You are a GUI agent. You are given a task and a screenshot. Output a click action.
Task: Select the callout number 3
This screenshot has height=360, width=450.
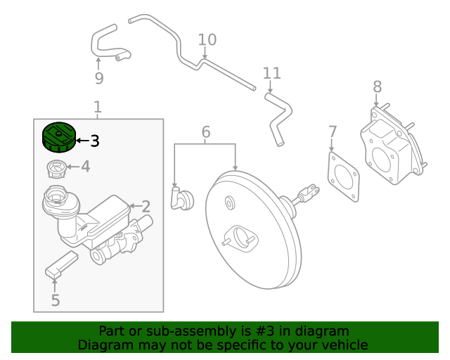[94, 141]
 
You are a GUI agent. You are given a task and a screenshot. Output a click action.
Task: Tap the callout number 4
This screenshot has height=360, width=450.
[85, 167]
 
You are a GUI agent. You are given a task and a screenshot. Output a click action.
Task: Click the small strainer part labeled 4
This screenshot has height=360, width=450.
[56, 169]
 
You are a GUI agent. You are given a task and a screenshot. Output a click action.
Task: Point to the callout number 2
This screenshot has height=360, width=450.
[146, 206]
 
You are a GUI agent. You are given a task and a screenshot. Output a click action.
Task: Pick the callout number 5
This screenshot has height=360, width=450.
[55, 300]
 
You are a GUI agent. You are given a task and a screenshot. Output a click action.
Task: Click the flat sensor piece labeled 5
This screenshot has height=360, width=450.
[62, 264]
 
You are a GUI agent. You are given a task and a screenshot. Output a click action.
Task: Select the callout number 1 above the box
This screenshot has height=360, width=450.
[98, 107]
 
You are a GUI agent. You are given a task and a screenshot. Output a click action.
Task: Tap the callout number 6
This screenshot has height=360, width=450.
[205, 131]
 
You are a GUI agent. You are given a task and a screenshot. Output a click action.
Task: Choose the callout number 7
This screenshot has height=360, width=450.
[333, 131]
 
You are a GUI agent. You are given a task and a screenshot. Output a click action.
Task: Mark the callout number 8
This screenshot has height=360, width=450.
[378, 86]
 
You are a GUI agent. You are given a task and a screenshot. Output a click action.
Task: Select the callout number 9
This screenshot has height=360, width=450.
[98, 77]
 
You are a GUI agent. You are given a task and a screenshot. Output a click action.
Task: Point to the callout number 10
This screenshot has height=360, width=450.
[207, 39]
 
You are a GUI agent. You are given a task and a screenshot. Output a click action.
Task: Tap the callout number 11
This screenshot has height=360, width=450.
[271, 73]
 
